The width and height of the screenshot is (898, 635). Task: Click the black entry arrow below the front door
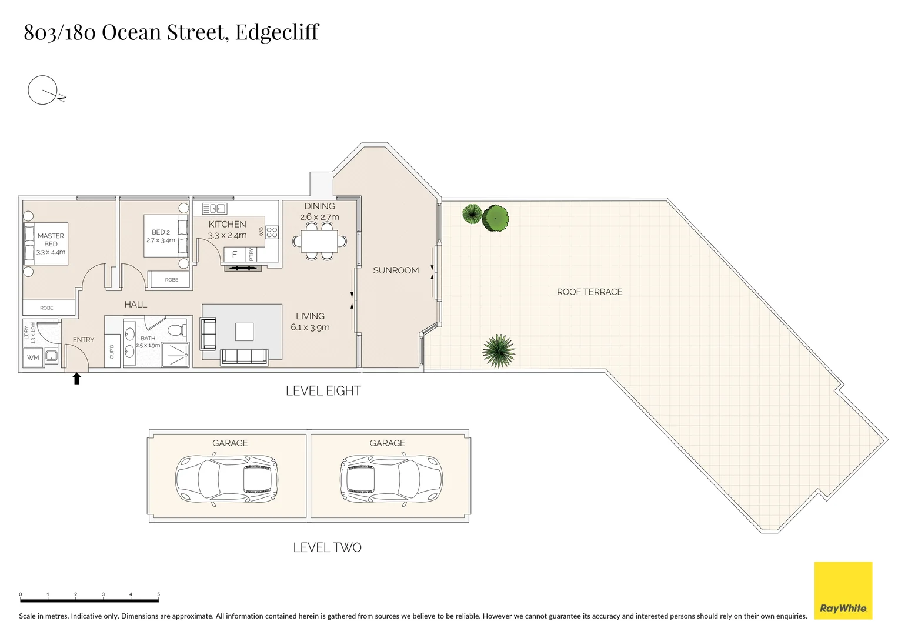(76, 379)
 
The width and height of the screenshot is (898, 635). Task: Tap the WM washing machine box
(33, 357)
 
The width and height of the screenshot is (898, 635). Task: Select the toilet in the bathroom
(177, 330)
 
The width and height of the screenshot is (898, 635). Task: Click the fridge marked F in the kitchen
(235, 254)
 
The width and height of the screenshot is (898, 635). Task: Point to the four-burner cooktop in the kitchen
(272, 232)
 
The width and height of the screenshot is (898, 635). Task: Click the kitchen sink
(214, 209)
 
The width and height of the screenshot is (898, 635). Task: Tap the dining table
(319, 242)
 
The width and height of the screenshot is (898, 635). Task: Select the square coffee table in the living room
(244, 332)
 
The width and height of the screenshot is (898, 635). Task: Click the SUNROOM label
(396, 270)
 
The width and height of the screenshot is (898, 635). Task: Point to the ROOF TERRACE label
(589, 292)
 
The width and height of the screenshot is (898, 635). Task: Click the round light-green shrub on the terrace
(496, 219)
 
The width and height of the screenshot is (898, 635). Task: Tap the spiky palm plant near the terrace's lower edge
(499, 351)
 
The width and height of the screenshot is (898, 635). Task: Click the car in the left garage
(226, 479)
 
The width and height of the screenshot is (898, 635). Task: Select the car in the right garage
(391, 479)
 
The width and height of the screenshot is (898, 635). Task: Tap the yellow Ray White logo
(843, 590)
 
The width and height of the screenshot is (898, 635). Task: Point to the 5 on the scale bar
(158, 594)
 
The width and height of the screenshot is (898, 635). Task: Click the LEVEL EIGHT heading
(323, 391)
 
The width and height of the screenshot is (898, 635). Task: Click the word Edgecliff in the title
(277, 32)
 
